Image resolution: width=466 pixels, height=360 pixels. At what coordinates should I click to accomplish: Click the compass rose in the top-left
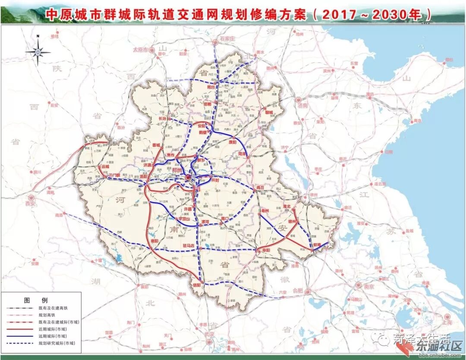tap(38, 51)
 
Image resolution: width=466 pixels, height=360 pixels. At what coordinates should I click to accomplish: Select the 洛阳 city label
tap(144, 177)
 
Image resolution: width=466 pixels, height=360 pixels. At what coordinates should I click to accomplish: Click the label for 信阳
tap(197, 285)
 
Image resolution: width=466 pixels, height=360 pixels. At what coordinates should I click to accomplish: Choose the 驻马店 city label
tap(187, 246)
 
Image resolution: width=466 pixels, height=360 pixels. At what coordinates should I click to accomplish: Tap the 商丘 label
tap(259, 187)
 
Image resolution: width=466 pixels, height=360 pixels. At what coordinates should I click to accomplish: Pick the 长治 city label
tap(163, 118)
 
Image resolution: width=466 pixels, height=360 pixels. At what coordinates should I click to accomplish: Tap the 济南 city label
tap(302, 105)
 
